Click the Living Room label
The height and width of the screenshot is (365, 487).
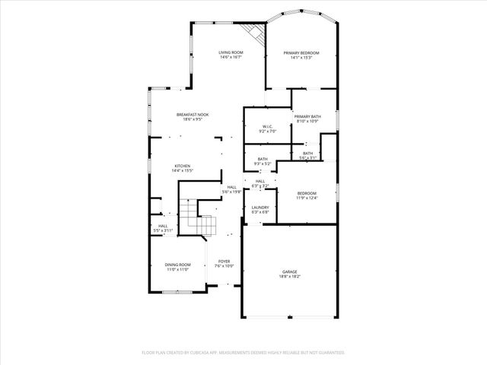(x=231, y=52)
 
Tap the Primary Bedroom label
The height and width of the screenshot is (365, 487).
(x=301, y=52)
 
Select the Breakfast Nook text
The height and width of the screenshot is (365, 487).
(x=193, y=115)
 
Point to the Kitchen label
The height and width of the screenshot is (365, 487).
(x=182, y=166)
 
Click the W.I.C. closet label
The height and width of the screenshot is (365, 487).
(x=268, y=126)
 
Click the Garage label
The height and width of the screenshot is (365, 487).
(x=290, y=271)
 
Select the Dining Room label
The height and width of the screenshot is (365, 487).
(x=177, y=265)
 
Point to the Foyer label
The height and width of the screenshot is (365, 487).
(x=224, y=261)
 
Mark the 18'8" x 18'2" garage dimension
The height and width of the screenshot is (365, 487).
(x=290, y=276)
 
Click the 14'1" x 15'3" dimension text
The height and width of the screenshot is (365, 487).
(x=301, y=57)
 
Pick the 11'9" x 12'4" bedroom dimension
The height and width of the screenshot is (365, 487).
(x=307, y=198)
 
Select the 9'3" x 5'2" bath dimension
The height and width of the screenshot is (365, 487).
(x=262, y=163)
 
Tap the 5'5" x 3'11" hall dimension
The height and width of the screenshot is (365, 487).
(x=163, y=230)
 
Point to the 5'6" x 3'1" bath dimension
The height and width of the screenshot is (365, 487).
(x=307, y=158)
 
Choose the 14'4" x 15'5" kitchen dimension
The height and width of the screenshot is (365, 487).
(x=182, y=170)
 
